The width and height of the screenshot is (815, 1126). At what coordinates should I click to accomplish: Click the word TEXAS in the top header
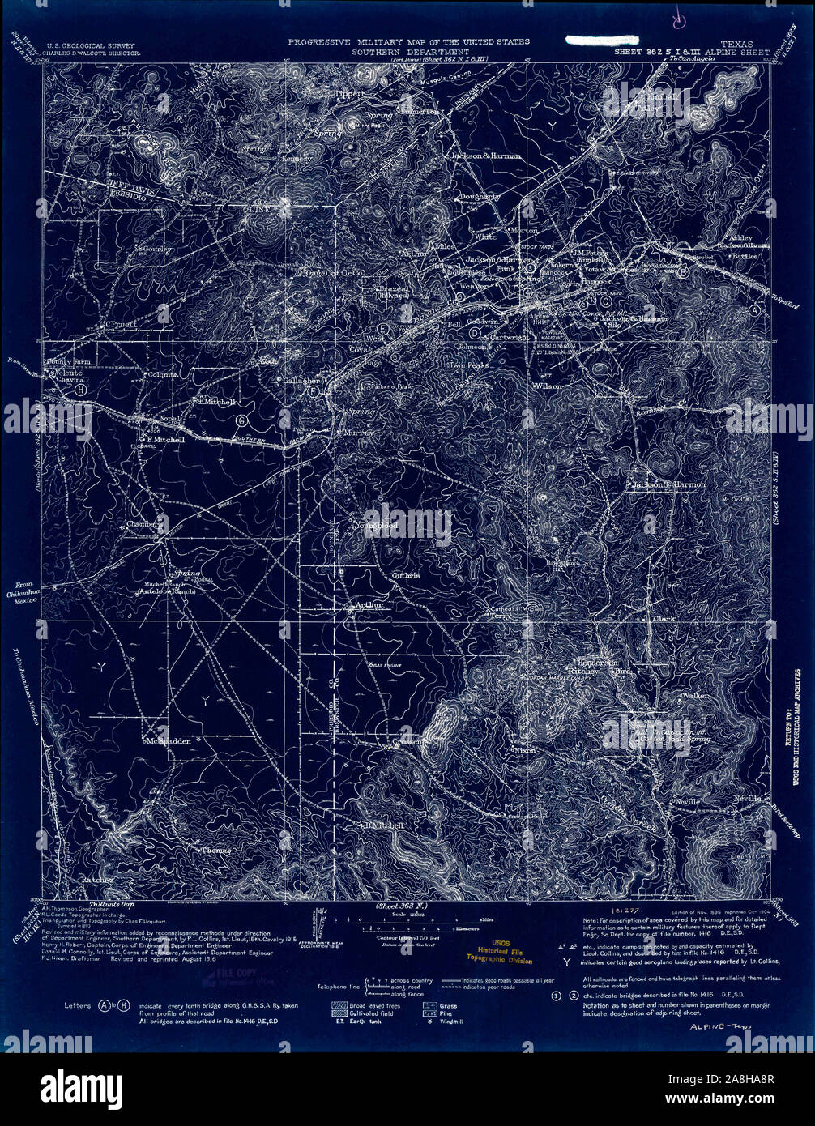(x=735, y=43)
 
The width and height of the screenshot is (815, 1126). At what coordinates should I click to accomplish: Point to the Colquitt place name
(x=162, y=375)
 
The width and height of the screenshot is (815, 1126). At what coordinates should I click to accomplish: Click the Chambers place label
(x=144, y=524)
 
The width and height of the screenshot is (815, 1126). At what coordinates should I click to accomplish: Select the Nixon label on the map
(x=524, y=750)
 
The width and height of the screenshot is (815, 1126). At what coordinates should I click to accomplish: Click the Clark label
(x=663, y=617)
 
